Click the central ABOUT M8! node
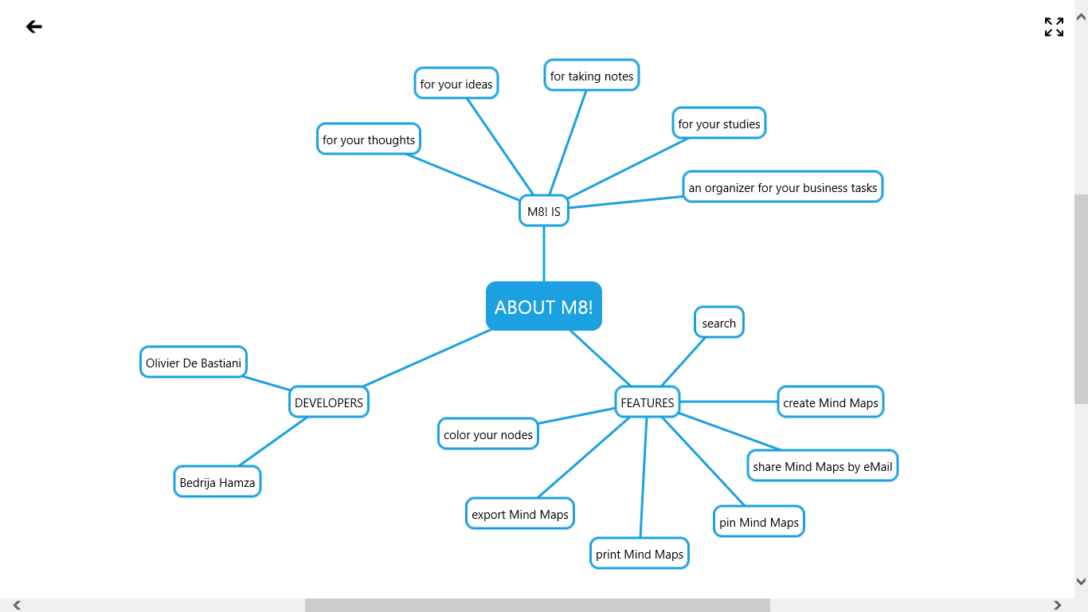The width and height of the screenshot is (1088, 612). (544, 306)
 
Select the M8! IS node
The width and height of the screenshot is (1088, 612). (544, 211)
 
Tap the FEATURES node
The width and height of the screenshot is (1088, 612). (648, 402)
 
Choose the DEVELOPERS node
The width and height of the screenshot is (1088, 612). (329, 402)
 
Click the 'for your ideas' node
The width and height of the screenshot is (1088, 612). (456, 84)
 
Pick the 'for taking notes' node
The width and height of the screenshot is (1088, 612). (592, 76)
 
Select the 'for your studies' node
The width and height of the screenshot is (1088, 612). (719, 124)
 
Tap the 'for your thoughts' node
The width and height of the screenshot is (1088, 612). (369, 139)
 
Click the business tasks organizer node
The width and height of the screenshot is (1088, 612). (783, 187)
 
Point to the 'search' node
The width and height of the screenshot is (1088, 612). (719, 323)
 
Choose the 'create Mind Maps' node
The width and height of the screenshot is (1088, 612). (831, 402)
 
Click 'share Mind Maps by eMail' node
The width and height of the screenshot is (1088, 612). (823, 466)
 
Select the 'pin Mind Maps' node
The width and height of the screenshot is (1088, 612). (759, 522)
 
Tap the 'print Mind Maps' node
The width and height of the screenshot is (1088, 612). (640, 554)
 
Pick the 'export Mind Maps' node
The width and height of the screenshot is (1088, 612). (520, 514)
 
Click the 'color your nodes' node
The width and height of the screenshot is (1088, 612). (488, 434)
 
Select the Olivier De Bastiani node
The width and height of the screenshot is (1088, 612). (194, 363)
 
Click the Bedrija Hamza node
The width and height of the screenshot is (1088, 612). (217, 482)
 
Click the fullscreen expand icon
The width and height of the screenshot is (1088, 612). (1054, 27)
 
